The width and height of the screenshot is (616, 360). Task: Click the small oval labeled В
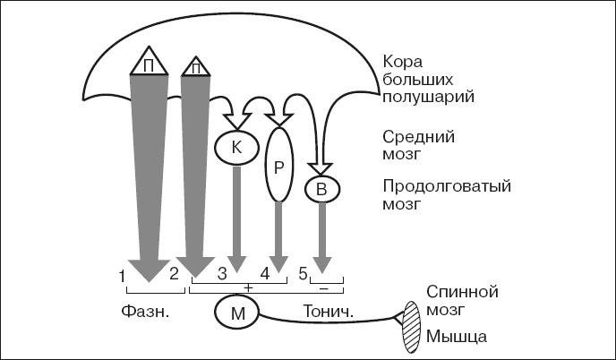coord(321,190)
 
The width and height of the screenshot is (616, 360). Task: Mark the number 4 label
coord(265,272)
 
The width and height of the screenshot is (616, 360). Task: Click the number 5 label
coord(304,272)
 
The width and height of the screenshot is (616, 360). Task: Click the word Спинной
coord(460,292)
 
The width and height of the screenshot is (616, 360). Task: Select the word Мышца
coord(457,338)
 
